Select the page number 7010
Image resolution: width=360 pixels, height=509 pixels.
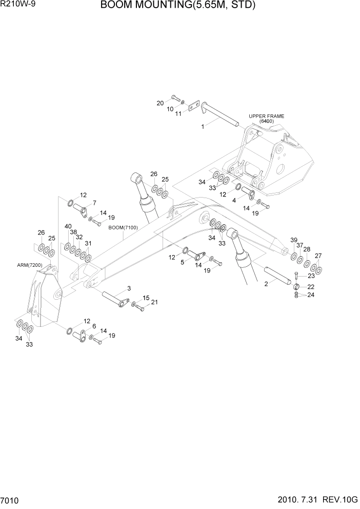click(x=11, y=499)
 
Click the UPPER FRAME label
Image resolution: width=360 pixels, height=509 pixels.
click(x=266, y=116)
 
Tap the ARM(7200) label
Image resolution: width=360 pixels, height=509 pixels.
click(x=29, y=265)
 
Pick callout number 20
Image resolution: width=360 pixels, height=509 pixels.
click(x=160, y=103)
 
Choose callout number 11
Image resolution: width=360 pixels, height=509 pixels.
click(x=178, y=114)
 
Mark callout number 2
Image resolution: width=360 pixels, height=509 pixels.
click(x=267, y=284)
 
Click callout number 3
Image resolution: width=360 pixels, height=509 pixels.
click(x=129, y=288)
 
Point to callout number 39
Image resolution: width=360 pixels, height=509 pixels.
click(x=294, y=240)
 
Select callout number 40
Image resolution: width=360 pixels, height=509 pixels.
click(x=68, y=226)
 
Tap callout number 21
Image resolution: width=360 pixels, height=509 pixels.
click(x=154, y=302)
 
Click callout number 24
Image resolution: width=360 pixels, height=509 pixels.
click(x=311, y=296)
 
